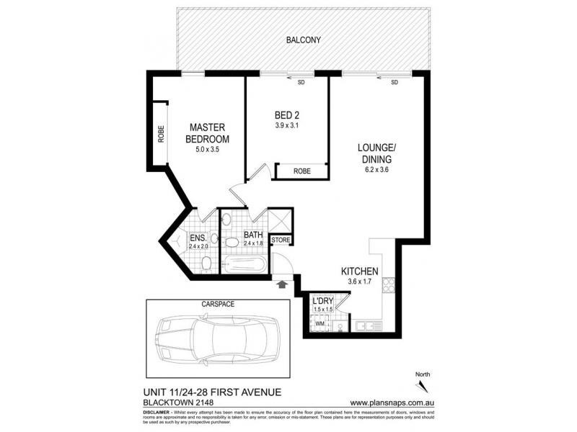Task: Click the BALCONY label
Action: pos(302,40)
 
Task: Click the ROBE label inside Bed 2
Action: pos(302,171)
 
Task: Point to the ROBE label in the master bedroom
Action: pos(160,134)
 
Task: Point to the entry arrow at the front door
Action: pos(281,286)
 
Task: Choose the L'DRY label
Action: pos(322,301)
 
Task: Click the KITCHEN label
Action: pos(359,271)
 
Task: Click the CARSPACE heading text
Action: pos(216,304)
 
